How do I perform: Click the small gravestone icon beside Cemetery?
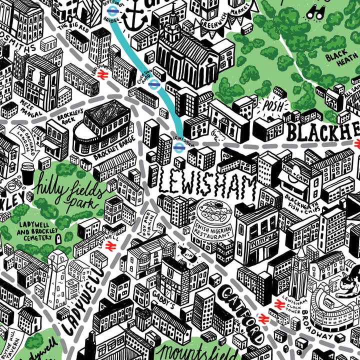coord(58,238)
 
